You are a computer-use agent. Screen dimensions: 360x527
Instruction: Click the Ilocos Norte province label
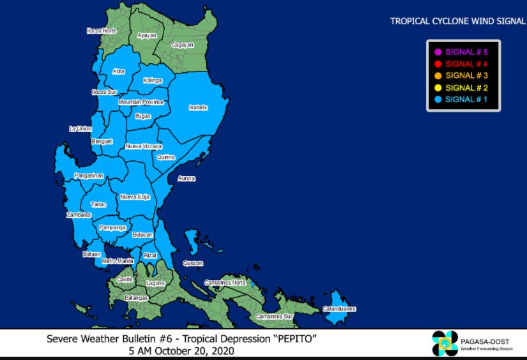(x=102, y=31)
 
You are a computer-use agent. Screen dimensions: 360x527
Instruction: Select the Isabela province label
(x=198, y=107)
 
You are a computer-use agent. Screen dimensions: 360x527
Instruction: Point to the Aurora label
(x=187, y=178)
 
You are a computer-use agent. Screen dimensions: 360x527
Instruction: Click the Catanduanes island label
(x=339, y=309)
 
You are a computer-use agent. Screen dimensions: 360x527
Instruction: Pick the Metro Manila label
(x=118, y=261)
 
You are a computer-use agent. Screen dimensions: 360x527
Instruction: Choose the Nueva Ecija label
(x=135, y=197)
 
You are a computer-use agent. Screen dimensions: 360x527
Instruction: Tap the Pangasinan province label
(x=88, y=175)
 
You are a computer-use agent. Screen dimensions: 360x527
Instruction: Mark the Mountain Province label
(x=141, y=102)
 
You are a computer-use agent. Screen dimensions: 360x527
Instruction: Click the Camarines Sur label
(x=274, y=317)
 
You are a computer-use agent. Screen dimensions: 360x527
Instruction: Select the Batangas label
(x=136, y=298)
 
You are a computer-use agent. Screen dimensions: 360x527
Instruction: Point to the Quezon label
(x=192, y=263)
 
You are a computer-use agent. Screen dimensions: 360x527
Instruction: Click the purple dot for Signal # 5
(x=438, y=52)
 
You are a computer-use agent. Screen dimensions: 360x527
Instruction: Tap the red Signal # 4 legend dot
(x=438, y=64)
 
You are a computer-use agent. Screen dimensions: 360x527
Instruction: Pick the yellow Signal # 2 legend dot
(x=438, y=88)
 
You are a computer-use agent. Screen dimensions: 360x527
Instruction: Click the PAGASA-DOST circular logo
(x=445, y=343)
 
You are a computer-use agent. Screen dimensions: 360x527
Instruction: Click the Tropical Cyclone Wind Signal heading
(x=457, y=21)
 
